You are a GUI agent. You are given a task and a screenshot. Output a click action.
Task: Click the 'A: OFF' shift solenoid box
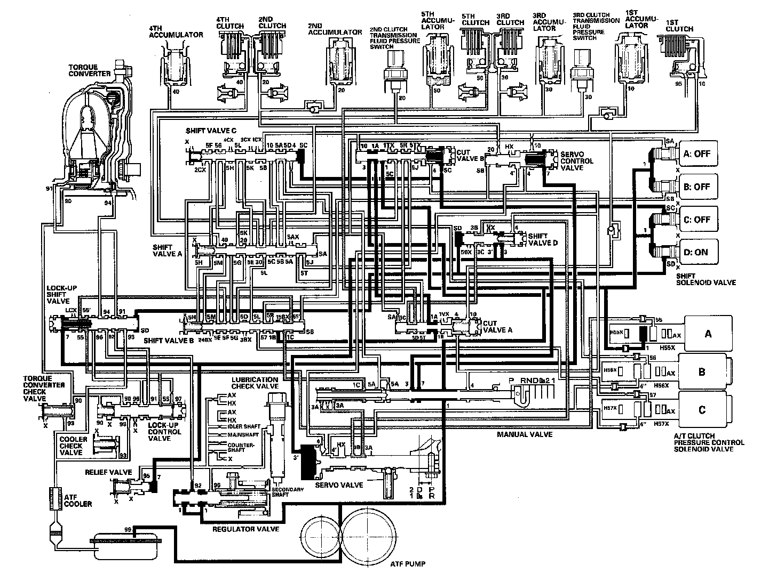click(697, 153)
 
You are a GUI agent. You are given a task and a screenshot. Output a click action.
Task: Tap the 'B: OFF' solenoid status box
click(697, 187)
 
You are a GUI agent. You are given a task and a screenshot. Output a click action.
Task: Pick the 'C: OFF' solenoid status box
click(697, 220)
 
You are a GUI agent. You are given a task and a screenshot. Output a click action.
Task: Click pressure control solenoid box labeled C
click(702, 409)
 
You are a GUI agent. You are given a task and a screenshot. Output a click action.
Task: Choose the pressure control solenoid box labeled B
click(702, 372)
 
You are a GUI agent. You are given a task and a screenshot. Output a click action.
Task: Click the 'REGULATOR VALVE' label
click(246, 529)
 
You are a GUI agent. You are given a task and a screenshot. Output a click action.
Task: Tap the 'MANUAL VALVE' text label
click(525, 434)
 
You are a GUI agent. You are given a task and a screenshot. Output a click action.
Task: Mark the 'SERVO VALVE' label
click(339, 485)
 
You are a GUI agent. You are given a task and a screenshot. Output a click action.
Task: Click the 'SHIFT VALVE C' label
click(211, 131)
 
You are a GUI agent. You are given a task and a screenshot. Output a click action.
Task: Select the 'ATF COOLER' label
click(78, 500)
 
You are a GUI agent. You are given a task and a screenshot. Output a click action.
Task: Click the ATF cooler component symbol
click(54, 499)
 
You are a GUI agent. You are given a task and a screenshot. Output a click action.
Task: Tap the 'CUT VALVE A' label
click(497, 326)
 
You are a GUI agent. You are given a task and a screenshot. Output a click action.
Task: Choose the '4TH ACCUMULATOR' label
click(176, 31)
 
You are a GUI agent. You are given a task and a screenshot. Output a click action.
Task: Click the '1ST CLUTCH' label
click(680, 26)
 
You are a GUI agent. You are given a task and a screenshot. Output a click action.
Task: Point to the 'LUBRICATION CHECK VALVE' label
click(255, 383)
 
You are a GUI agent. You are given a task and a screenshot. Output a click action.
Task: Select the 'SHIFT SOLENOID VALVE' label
click(706, 279)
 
